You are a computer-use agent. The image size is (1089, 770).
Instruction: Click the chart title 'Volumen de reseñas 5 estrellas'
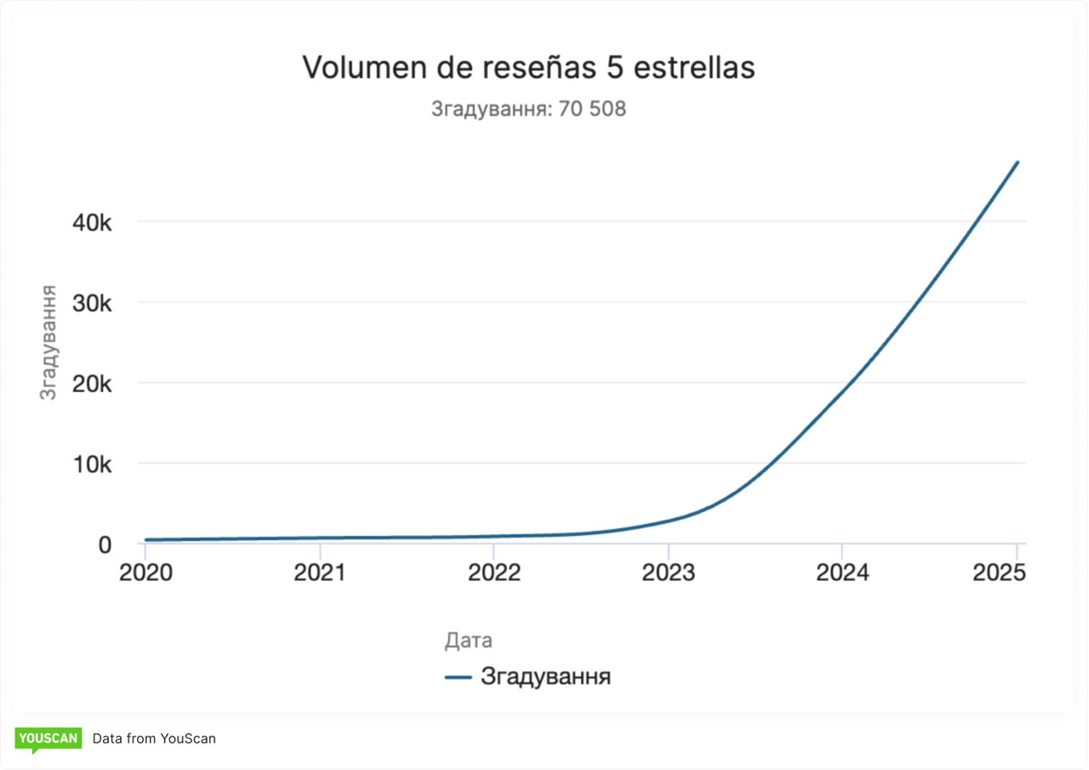coord(528,68)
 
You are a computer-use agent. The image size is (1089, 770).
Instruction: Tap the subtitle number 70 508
coord(592,109)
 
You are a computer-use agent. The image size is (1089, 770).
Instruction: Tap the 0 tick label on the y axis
coord(105,545)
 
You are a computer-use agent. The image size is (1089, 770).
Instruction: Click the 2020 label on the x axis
coord(145,572)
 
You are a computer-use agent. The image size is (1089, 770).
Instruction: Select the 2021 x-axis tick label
coord(320,572)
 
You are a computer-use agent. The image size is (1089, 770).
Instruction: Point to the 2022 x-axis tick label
coord(494,572)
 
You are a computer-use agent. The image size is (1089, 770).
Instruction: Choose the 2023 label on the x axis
coord(669,572)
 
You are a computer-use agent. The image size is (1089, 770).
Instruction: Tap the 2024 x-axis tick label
coord(842,572)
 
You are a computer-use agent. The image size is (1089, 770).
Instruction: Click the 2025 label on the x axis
coord(1000,572)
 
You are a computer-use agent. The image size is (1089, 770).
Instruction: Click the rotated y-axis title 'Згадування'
coord(49,342)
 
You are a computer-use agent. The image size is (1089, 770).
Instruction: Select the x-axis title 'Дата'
coord(468,641)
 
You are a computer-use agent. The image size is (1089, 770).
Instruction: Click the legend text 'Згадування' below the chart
coord(545,677)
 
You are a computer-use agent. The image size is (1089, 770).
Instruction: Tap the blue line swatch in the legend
coord(458,678)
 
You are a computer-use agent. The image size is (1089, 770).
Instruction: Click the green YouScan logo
coord(48,739)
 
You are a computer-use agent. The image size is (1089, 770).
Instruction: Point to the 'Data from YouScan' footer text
coord(154,739)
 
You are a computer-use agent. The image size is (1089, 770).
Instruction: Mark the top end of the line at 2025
coord(1017,163)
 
